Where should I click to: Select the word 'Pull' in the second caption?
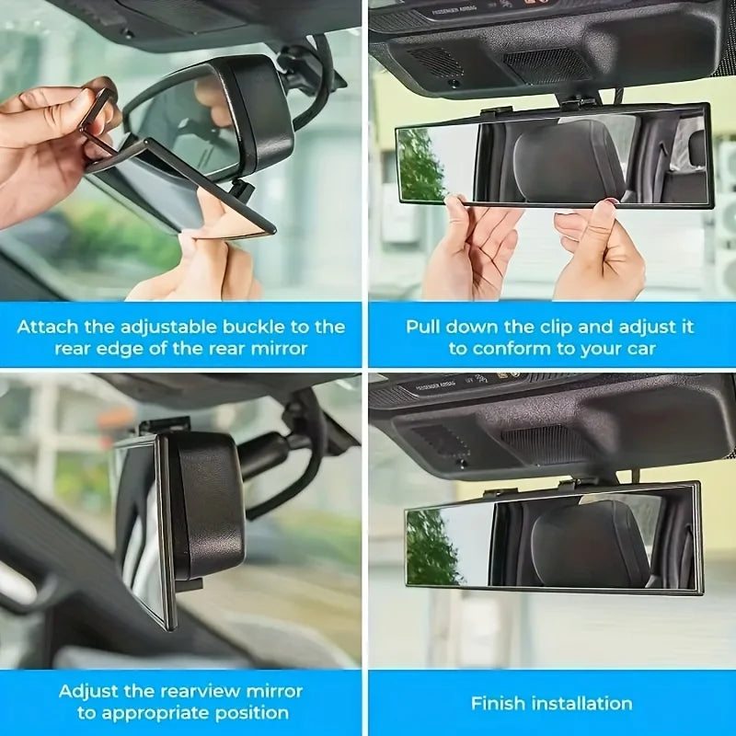pos(423,327)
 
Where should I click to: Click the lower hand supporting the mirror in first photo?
pos(207,262)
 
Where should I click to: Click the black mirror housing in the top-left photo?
pos(258,115)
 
